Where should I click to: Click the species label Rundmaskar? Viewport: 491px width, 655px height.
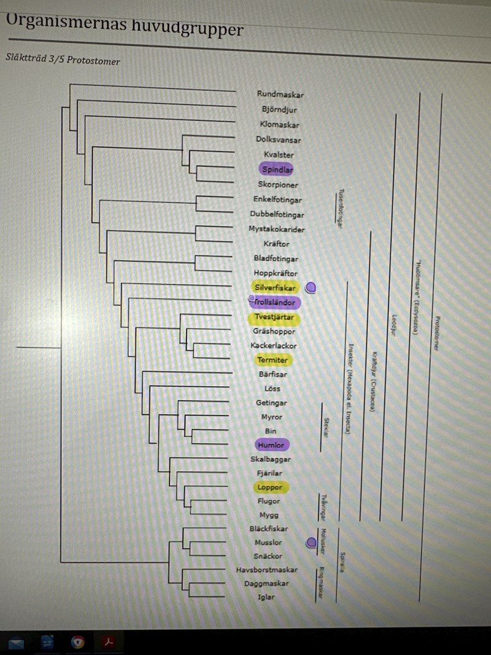click(x=280, y=95)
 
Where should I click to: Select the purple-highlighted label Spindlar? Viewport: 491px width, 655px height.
click(x=277, y=169)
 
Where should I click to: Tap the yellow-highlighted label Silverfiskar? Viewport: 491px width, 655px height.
click(x=274, y=287)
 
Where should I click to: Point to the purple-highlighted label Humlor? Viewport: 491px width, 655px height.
click(x=271, y=445)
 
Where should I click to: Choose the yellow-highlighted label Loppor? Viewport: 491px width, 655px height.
click(x=270, y=487)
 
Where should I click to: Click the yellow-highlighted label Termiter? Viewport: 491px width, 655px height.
click(x=273, y=360)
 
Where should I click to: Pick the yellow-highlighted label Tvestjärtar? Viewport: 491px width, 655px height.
click(x=274, y=317)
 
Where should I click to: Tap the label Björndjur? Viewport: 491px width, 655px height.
click(x=279, y=110)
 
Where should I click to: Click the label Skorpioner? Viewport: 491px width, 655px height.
click(x=278, y=185)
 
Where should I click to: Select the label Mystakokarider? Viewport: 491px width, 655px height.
click(x=276, y=229)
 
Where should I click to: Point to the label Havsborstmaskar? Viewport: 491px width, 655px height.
click(x=266, y=570)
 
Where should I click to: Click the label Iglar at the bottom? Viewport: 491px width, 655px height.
click(x=266, y=597)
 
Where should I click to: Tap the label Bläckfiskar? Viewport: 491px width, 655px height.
click(x=268, y=529)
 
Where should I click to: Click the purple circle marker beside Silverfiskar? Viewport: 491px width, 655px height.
click(x=311, y=287)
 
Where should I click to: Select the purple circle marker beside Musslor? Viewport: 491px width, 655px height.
click(x=311, y=542)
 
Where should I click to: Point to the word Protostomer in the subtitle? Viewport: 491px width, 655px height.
click(x=93, y=61)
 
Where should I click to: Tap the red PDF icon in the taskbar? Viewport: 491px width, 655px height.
click(x=110, y=643)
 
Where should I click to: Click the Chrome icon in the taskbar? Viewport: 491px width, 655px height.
click(x=78, y=643)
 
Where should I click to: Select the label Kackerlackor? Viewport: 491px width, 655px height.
click(x=274, y=346)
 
